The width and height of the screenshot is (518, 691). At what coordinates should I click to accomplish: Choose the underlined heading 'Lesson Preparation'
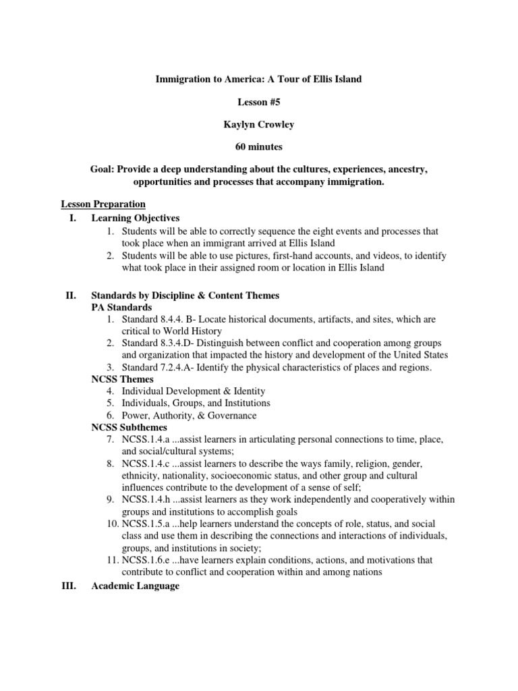click(103, 204)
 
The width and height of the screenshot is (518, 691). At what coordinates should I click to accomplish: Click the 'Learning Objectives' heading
click(136, 218)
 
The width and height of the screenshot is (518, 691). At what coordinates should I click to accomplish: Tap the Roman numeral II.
click(69, 296)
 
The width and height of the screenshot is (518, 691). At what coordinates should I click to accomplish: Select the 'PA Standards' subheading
click(122, 308)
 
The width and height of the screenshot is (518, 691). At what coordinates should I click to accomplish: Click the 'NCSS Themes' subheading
click(122, 379)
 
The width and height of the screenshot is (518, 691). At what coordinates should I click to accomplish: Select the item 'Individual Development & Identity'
click(194, 391)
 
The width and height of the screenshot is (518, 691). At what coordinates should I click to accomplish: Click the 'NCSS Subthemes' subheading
click(129, 427)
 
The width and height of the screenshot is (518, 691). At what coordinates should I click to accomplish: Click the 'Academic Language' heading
click(135, 586)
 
